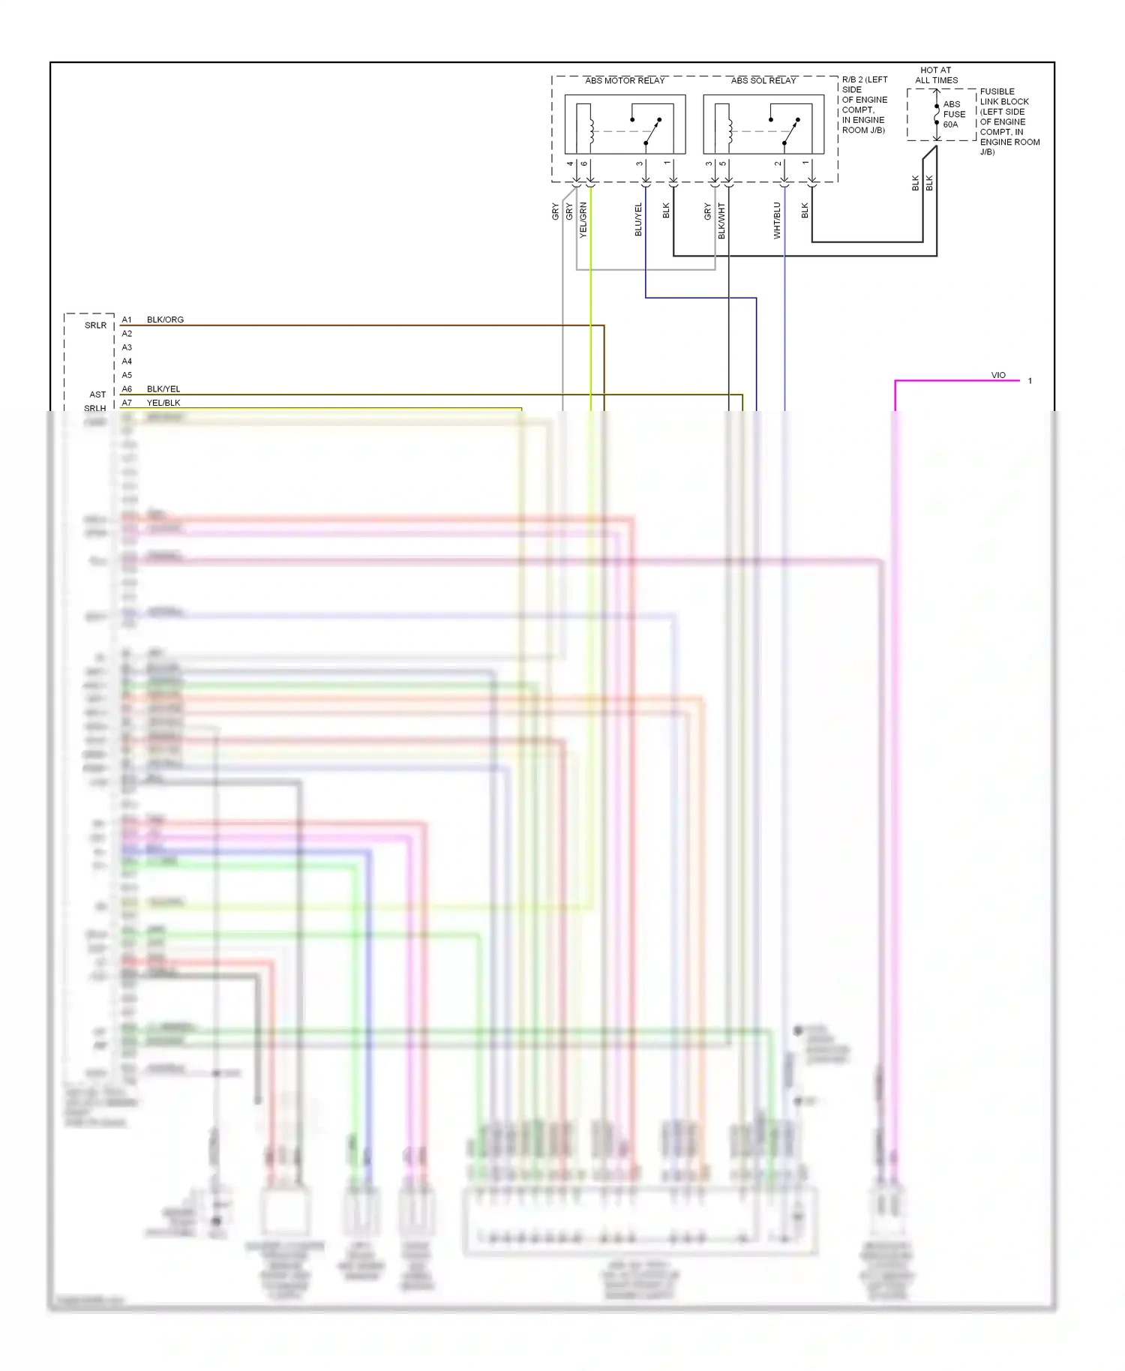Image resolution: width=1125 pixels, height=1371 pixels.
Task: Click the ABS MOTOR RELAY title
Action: (x=625, y=80)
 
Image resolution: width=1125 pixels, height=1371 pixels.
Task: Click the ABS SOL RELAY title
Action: (x=763, y=80)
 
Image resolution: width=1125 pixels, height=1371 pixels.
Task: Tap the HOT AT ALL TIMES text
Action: (x=936, y=75)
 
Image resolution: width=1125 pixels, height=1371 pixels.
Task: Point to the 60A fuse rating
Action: (x=950, y=124)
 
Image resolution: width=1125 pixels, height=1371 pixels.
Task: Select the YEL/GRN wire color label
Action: (x=583, y=220)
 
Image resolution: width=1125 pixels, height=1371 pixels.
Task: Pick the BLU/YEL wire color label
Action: (x=638, y=220)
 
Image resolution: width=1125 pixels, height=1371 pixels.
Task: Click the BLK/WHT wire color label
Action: (x=721, y=220)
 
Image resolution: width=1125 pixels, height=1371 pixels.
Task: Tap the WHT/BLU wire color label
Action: (x=777, y=220)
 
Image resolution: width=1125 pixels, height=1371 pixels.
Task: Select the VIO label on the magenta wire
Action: (x=998, y=375)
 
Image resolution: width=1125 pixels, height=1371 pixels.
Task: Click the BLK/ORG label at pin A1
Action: (x=165, y=319)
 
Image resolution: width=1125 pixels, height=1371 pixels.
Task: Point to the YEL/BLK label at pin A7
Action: (x=163, y=403)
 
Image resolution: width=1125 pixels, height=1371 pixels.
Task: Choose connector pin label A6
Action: (x=127, y=389)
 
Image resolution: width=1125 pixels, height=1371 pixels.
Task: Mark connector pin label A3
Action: (x=127, y=347)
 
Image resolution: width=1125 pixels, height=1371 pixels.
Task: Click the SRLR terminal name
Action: (x=95, y=325)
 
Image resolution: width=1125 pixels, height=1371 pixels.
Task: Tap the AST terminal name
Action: (x=97, y=394)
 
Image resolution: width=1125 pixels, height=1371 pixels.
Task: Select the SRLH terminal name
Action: (x=95, y=408)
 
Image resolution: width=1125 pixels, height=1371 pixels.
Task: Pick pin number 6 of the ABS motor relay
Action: (x=584, y=163)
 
